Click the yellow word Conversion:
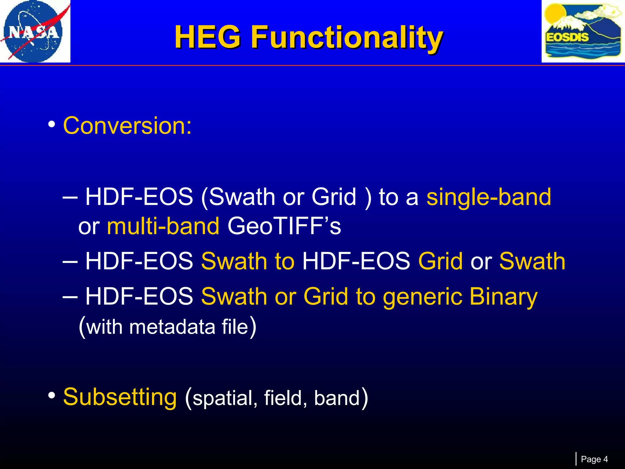pos(127,125)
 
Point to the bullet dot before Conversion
pos(52,125)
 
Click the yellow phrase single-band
pos(489,197)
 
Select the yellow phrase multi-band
pos(163,226)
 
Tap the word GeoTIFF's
pos(284,226)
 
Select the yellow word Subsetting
pos(120,397)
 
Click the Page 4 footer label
pos(594,459)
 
